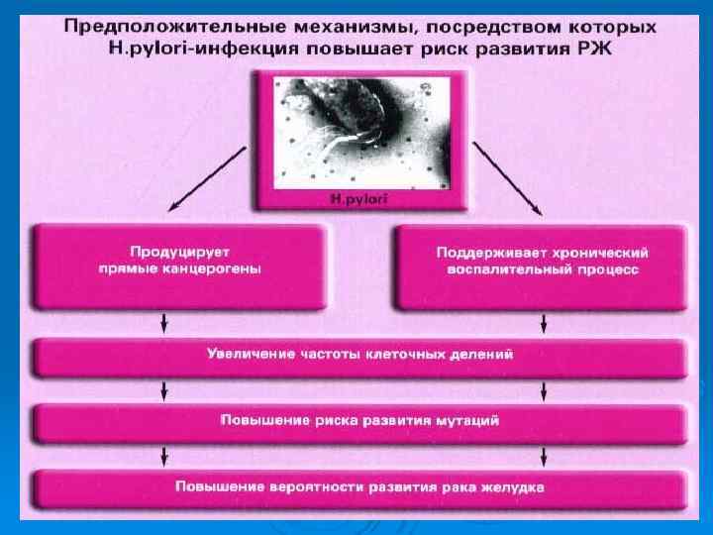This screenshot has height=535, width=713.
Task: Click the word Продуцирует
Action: (x=179, y=252)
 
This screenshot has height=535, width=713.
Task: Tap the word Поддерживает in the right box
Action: (x=486, y=252)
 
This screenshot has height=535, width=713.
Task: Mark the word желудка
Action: (x=515, y=486)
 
